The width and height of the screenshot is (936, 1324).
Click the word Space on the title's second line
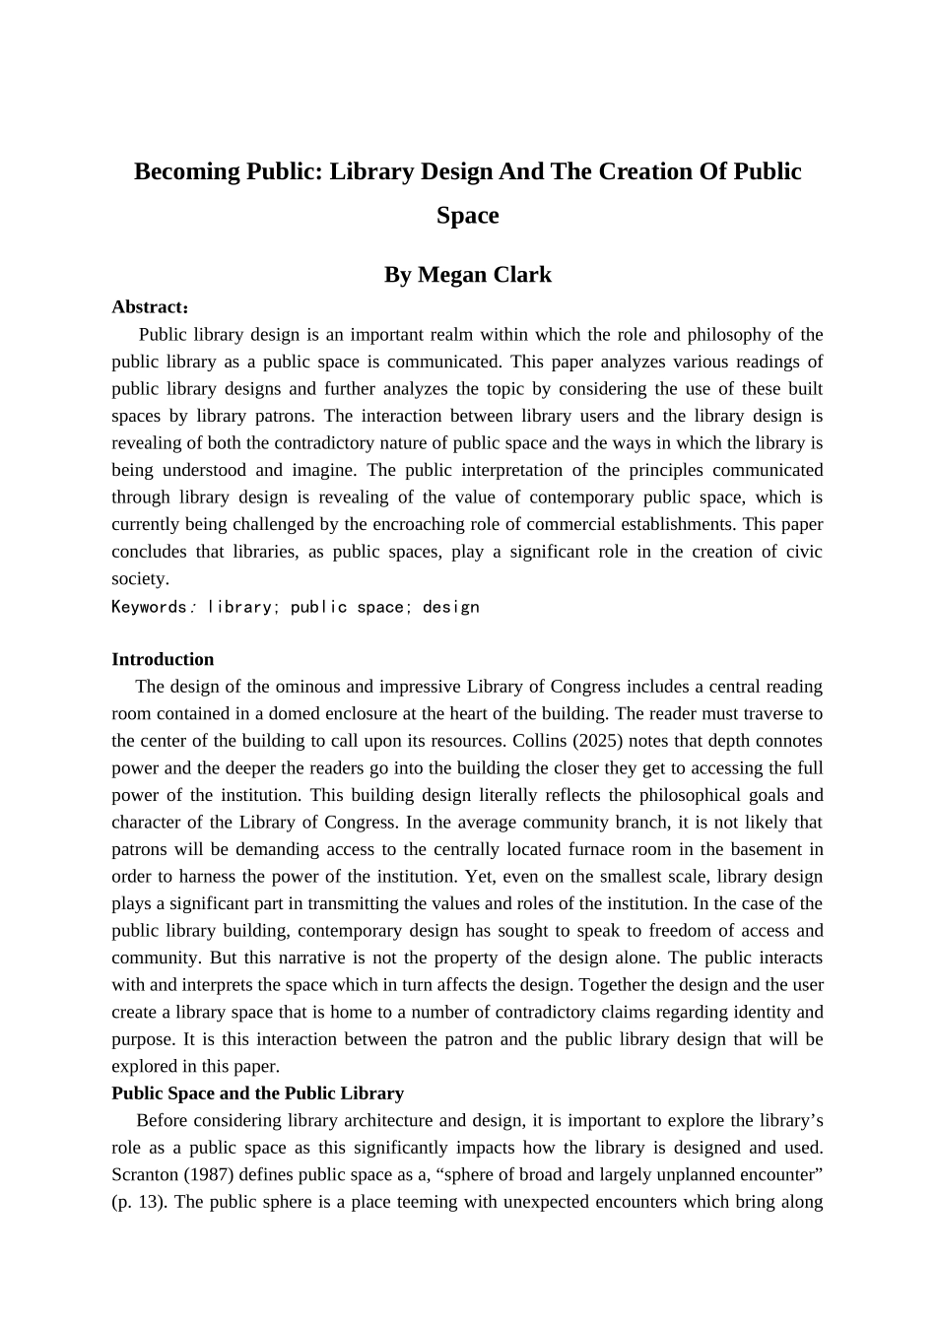coord(467,215)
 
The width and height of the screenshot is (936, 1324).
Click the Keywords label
coord(149,607)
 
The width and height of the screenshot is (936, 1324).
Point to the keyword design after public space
coord(450,607)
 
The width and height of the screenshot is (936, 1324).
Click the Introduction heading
coord(163,659)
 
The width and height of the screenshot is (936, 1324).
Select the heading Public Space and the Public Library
coord(257,1092)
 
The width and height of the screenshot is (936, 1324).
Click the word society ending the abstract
coord(140,579)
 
